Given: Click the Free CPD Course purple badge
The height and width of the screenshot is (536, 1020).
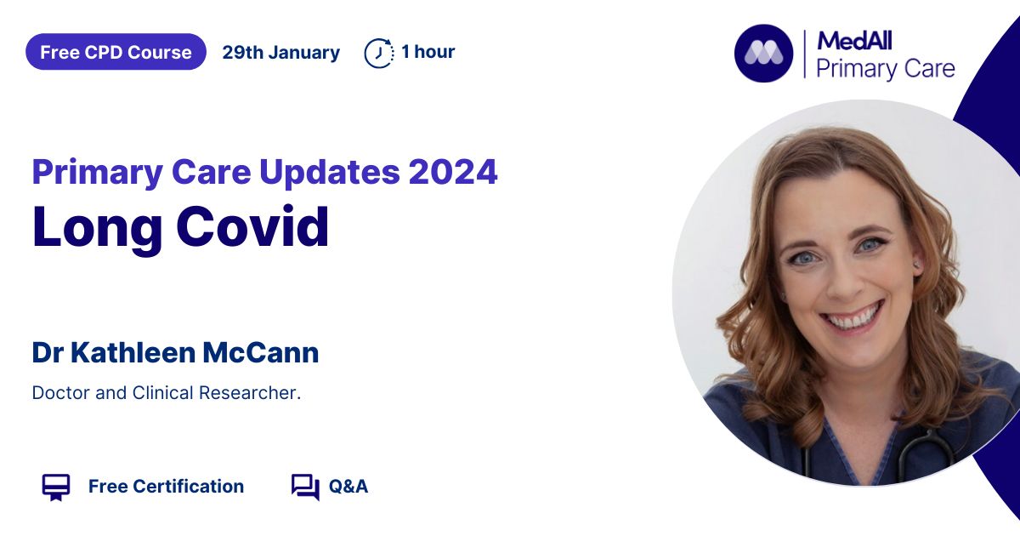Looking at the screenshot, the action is click(116, 52).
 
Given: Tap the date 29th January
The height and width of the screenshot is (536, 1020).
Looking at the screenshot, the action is click(281, 53).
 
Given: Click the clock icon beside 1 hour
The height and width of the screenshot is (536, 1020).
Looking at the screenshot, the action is click(379, 54).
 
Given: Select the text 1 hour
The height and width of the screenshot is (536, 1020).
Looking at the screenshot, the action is click(428, 52).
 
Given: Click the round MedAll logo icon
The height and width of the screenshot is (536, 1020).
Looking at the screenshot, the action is click(763, 54).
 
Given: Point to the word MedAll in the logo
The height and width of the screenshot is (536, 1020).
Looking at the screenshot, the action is click(854, 41).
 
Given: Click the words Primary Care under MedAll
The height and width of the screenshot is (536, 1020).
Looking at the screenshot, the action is click(885, 69).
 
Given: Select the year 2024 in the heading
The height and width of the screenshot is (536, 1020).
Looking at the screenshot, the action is click(452, 172).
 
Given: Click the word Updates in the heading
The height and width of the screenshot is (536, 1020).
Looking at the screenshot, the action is click(329, 173).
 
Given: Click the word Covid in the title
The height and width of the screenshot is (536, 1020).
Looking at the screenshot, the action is click(252, 226).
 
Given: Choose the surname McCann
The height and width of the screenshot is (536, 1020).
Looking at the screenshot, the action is click(260, 352).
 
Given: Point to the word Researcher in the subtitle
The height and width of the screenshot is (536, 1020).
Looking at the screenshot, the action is click(250, 393).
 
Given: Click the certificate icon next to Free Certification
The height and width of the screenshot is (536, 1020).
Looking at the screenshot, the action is click(56, 488).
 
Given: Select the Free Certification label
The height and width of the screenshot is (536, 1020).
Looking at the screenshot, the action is click(166, 487).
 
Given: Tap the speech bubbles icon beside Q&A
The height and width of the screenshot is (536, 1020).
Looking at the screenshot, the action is click(305, 488).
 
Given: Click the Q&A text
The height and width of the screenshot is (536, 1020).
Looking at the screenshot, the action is click(348, 487).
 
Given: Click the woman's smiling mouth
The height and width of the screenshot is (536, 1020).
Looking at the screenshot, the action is click(853, 319).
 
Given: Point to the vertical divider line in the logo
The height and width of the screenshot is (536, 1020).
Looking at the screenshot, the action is click(805, 54).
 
